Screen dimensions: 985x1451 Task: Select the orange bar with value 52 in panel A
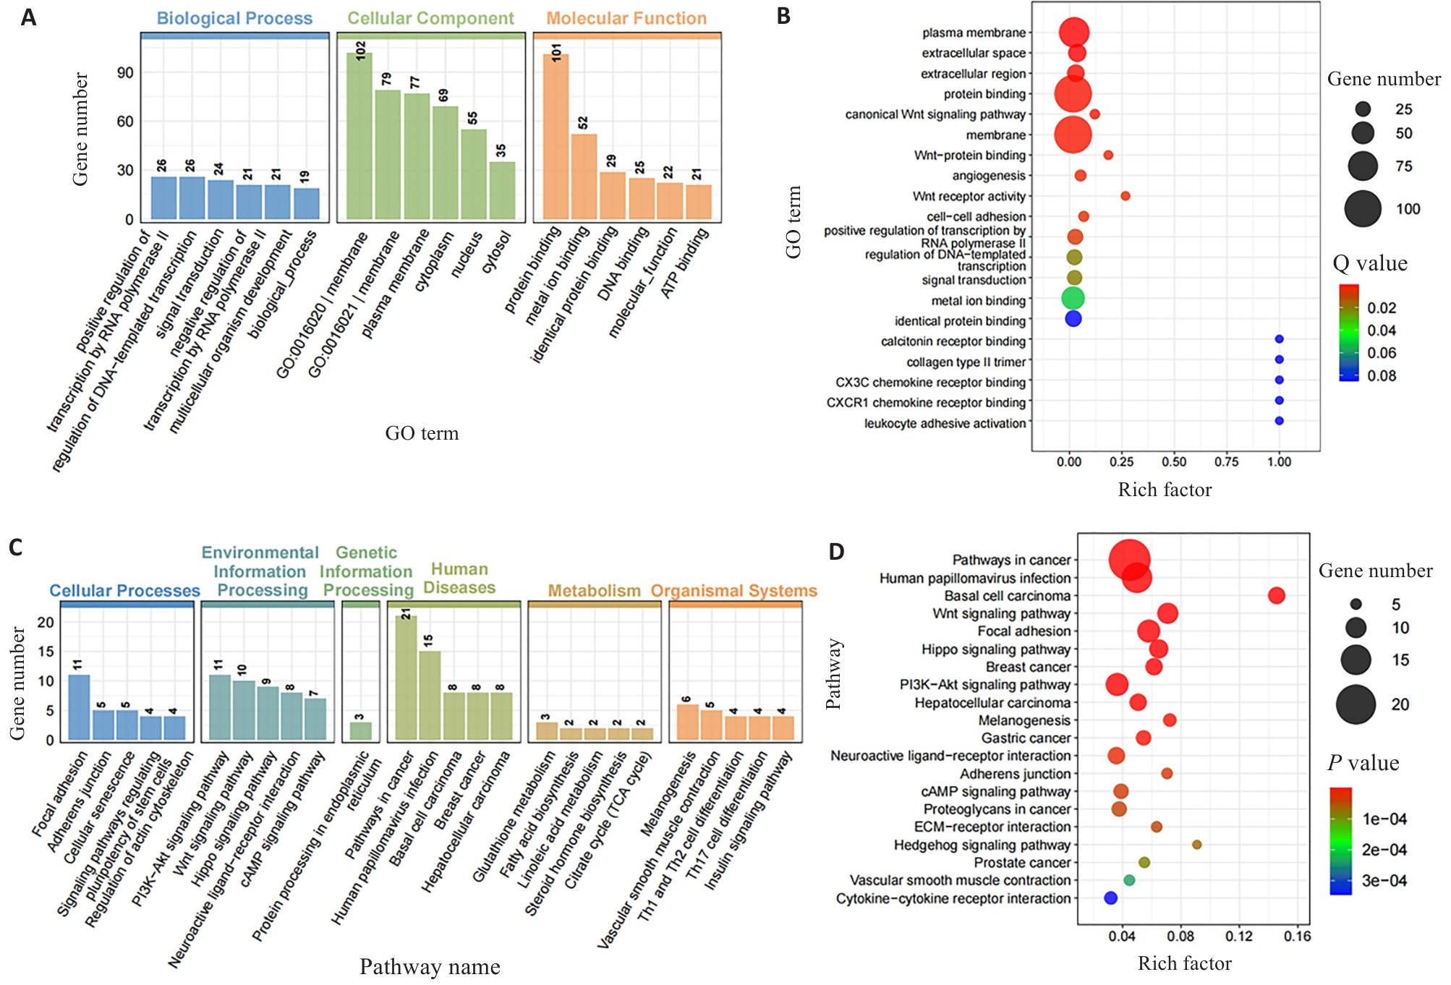[x=584, y=176]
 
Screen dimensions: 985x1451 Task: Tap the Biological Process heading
[x=234, y=18]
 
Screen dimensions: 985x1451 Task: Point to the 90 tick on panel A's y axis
[x=125, y=73]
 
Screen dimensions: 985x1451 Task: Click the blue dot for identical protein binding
[x=1073, y=318]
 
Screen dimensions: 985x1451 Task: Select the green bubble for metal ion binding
[x=1073, y=298]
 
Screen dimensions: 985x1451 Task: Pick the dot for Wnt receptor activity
[x=1125, y=196]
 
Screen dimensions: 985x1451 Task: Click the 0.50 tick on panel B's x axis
[x=1174, y=462]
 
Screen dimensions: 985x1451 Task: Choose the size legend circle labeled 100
[x=1363, y=209]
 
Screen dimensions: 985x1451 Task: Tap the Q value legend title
[x=1370, y=263]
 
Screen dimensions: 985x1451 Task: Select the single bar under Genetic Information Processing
[x=360, y=730]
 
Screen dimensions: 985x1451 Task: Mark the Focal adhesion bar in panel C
[x=79, y=707]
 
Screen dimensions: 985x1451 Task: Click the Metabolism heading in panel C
[x=594, y=591]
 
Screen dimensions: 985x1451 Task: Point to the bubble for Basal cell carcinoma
[x=1276, y=595]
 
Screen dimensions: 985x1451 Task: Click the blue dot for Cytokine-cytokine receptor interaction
[x=1110, y=897]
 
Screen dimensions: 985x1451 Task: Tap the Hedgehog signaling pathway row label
[x=982, y=845]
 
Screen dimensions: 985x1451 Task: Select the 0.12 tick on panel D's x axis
[x=1239, y=937]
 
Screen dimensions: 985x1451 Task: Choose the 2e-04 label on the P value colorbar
[x=1384, y=850]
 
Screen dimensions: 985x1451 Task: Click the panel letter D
[x=836, y=552]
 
